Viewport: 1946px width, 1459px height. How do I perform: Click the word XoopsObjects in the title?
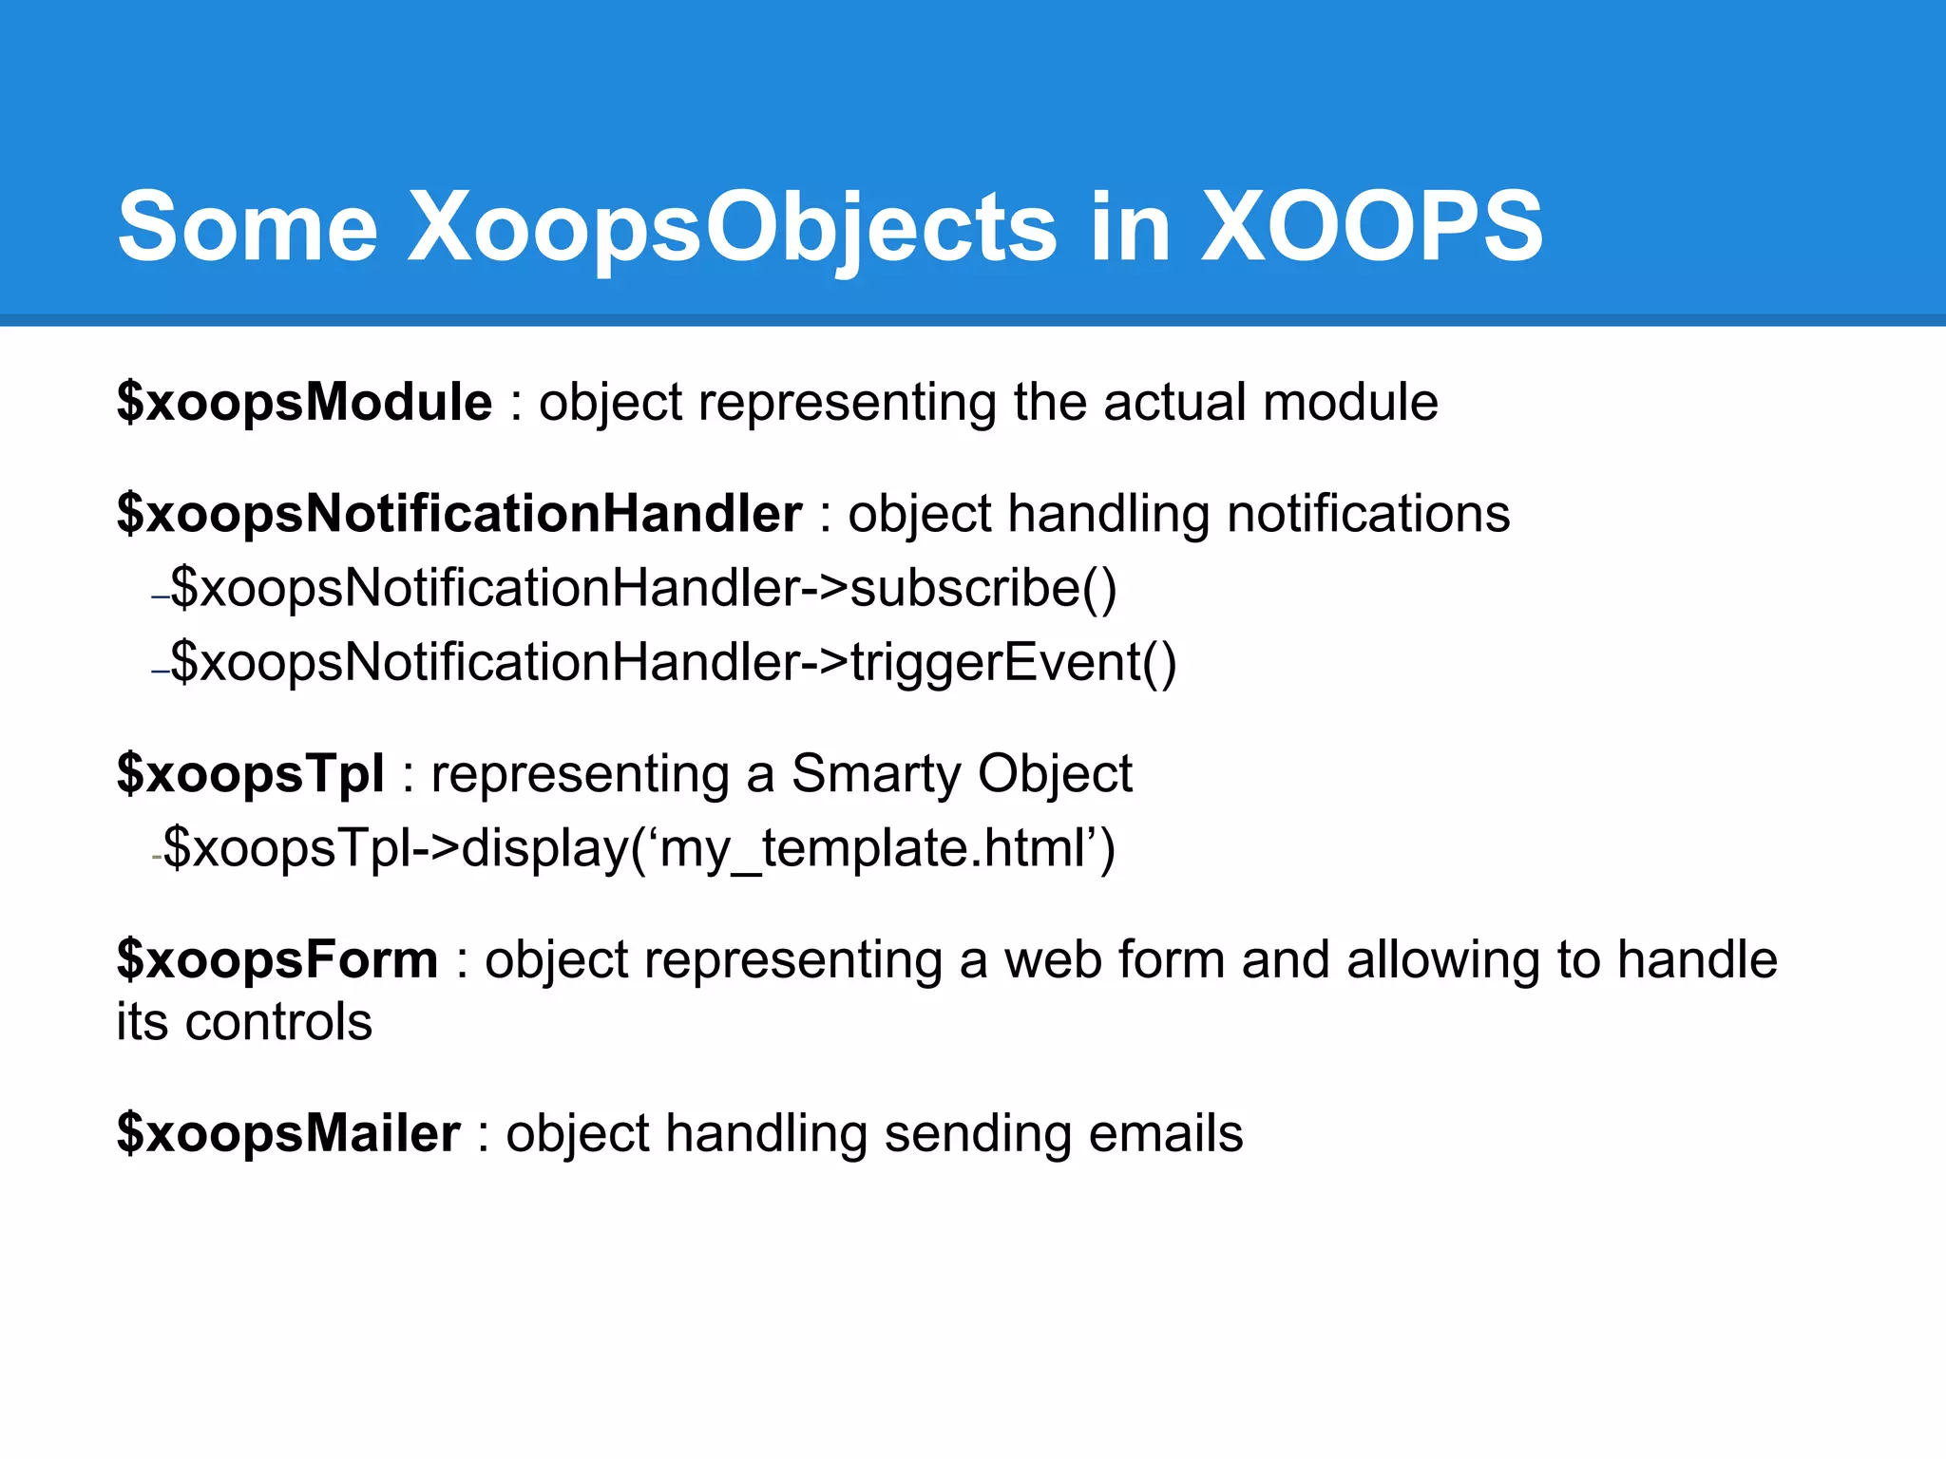(x=732, y=228)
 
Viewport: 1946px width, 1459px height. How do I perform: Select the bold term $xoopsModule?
(x=304, y=402)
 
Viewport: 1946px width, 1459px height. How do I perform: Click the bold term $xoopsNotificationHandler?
(x=459, y=514)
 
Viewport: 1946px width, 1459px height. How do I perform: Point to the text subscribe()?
(x=983, y=588)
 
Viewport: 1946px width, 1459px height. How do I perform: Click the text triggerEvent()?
(x=1013, y=662)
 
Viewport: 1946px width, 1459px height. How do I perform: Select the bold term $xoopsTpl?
(x=250, y=773)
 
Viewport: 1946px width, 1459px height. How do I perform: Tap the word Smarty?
(x=875, y=774)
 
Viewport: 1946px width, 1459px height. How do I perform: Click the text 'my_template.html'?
(x=874, y=848)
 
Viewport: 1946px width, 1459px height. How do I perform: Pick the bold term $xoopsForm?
(x=277, y=959)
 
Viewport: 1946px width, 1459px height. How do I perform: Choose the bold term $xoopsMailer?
(x=288, y=1133)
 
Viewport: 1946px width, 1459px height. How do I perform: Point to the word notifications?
(x=1367, y=514)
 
